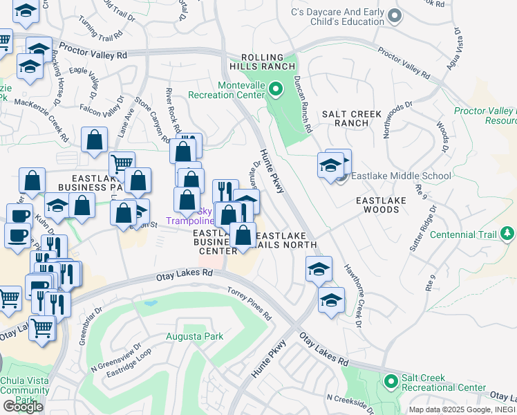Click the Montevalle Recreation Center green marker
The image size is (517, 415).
click(x=276, y=89)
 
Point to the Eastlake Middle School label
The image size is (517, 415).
click(x=401, y=176)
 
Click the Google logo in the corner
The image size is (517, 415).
click(x=23, y=406)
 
